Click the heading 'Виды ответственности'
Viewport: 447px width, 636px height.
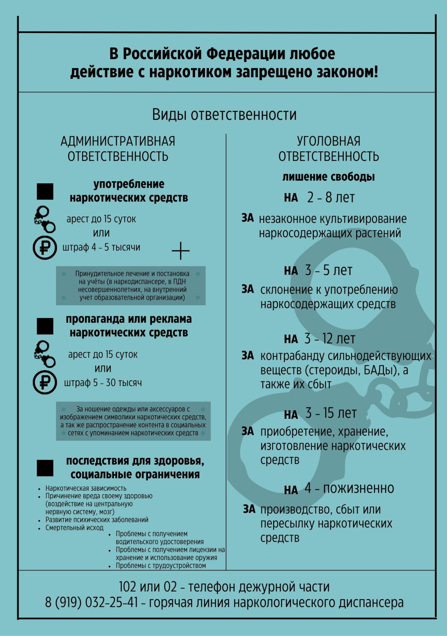pos(224,115)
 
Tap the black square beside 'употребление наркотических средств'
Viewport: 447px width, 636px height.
pos(45,191)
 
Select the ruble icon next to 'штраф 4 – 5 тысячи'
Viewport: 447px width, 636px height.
pos(45,248)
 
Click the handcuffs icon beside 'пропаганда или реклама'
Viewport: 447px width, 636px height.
pos(44,354)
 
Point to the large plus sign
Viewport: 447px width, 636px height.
pos(181,251)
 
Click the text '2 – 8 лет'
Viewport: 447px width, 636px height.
pos(330,198)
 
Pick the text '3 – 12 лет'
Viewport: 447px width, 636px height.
pos(329,339)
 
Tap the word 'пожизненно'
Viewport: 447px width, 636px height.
pos(358,488)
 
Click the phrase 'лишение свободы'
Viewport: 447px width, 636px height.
pos(328,177)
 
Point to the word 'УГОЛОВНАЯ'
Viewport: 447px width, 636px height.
pos(328,141)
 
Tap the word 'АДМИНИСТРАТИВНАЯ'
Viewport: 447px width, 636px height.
pos(118,141)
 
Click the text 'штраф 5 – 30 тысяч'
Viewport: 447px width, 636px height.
pos(103,383)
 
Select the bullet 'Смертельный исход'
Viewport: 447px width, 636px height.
pos(74,528)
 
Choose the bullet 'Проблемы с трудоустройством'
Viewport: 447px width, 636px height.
pos(160,565)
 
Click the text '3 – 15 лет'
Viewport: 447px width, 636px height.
pos(330,413)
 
